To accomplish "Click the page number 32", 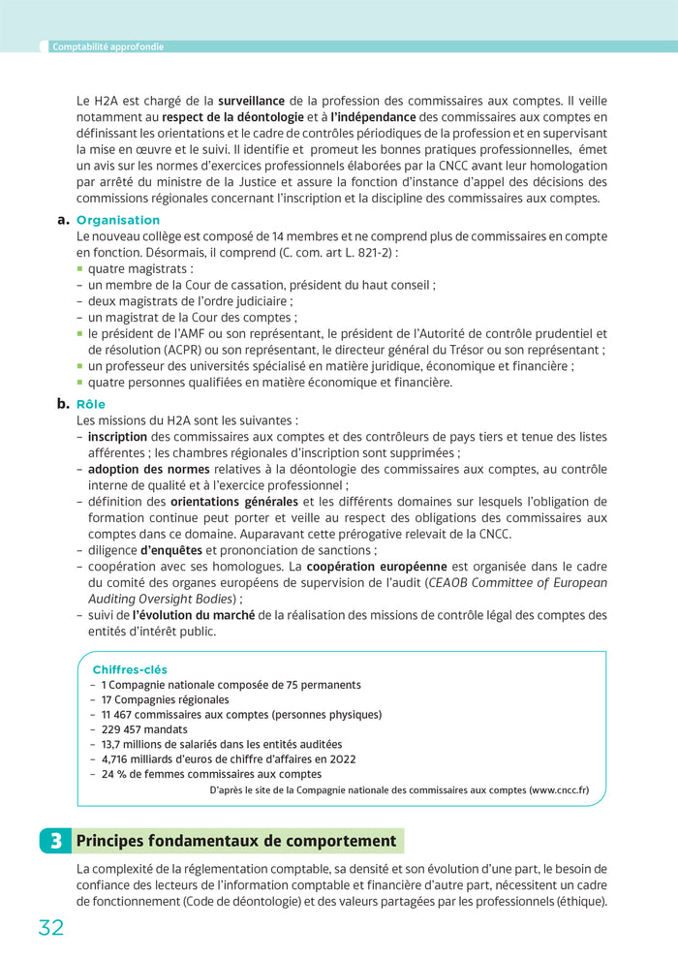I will click(x=50, y=927).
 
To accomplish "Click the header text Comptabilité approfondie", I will click(x=108, y=46).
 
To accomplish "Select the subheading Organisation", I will click(x=118, y=220).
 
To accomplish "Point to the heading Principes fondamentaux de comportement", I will click(x=236, y=841).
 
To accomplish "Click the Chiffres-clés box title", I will click(x=130, y=669).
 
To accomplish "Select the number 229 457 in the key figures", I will click(x=120, y=729).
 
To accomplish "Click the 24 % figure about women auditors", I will click(x=114, y=774).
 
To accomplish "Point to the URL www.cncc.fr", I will click(x=558, y=789).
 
